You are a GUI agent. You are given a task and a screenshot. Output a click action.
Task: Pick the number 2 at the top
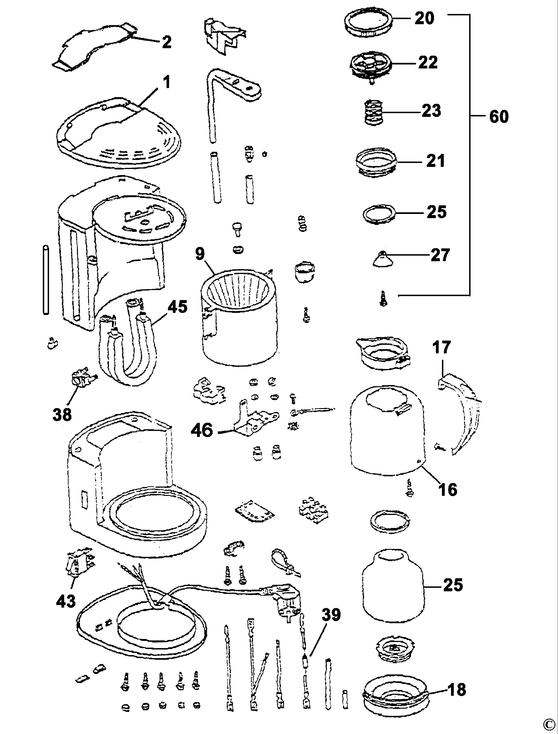(x=167, y=42)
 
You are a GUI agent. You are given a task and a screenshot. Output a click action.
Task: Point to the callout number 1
(x=167, y=82)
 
